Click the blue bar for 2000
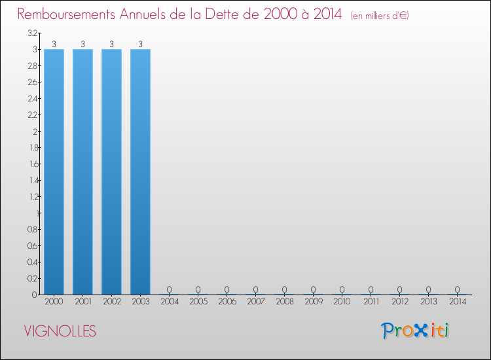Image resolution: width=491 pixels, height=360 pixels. pos(54,171)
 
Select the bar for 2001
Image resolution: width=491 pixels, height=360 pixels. pos(82,171)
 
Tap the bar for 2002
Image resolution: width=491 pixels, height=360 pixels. pos(111,171)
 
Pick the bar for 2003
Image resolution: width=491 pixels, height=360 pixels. pos(140,171)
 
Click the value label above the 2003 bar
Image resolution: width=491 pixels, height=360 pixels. pos(140,45)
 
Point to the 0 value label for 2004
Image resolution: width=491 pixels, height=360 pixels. pos(169,289)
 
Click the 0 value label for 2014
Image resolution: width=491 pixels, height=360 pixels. pos(457,289)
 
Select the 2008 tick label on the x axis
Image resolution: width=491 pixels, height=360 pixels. pos(284,302)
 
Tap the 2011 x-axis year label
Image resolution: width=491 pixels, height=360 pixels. pos(371,302)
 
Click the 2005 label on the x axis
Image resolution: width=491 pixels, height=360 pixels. pos(198,302)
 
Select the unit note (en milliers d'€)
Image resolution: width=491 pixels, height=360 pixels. pos(380,15)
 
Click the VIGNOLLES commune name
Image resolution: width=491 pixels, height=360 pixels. pos(60,331)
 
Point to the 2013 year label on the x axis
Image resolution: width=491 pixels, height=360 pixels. pos(428,302)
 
